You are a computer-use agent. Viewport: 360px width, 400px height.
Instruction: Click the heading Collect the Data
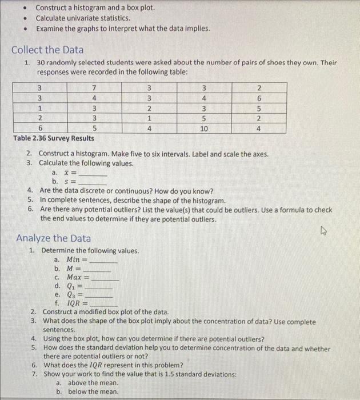pyautogui.click(x=47, y=50)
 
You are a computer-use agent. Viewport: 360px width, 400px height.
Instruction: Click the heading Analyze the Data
pyautogui.click(x=53, y=238)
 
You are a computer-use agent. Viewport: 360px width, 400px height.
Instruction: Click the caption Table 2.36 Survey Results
pyautogui.click(x=53, y=138)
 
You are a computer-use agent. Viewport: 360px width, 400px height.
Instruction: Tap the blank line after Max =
pyautogui.click(x=105, y=278)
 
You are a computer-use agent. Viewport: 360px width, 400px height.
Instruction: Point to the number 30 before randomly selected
pyautogui.click(x=41, y=62)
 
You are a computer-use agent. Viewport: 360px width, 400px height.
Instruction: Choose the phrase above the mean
pyautogui.click(x=93, y=382)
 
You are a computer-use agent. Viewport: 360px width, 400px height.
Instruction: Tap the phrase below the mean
pyautogui.click(x=93, y=391)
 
